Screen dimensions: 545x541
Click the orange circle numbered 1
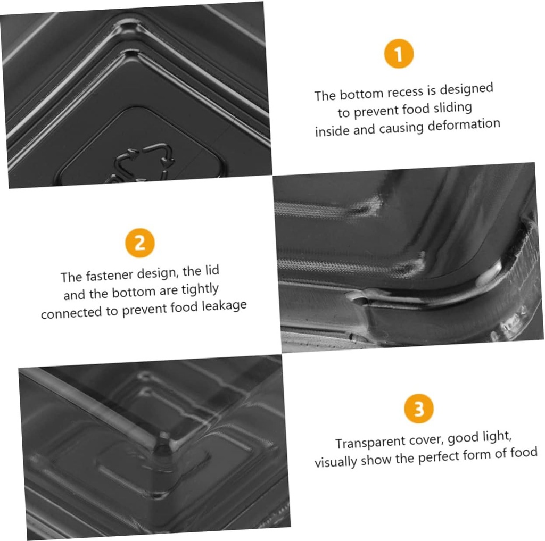click(399, 54)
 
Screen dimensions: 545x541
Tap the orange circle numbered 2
click(140, 243)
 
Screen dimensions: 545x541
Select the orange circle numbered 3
click(419, 409)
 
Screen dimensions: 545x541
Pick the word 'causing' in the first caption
click(401, 128)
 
